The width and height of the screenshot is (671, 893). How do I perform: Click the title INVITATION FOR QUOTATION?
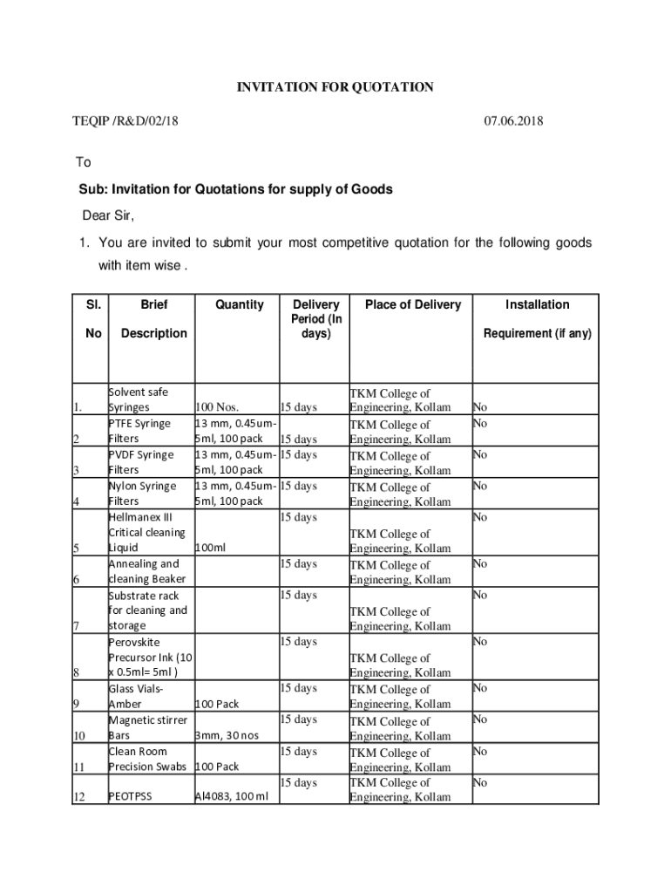[335, 87]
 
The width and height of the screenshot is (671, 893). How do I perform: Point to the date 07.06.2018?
[513, 121]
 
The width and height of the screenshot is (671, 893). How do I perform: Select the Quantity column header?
[239, 304]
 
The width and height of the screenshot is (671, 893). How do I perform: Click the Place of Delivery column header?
[412, 304]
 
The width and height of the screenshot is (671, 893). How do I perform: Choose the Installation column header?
[538, 304]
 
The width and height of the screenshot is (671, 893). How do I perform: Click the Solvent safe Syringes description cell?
[138, 399]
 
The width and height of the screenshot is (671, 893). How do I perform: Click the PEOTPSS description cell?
[130, 797]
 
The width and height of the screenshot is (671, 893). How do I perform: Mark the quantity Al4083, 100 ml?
[231, 797]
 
